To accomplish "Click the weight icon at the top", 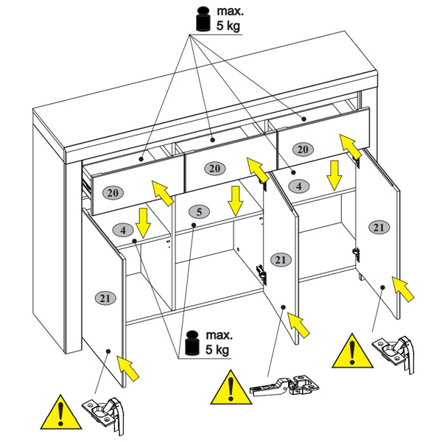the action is coord(203,19).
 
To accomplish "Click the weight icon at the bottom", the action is coord(192,343).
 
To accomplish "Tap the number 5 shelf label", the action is coord(200,212).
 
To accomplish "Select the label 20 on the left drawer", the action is coord(113,193).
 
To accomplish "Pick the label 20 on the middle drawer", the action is coord(214,169).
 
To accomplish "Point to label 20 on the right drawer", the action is coord(303,150).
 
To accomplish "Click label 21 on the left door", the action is coord(105,298).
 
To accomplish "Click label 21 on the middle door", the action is coord(281,260).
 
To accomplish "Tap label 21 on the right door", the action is coord(379,228).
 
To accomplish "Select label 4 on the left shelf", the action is coord(123,231).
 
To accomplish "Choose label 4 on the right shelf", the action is coord(299,186).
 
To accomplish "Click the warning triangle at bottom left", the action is coord(61,412).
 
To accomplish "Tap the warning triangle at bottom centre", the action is coord(231,387).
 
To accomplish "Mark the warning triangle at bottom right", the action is coord(352,351).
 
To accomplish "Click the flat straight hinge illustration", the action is coord(284,386).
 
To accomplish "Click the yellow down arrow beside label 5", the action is coord(236,200).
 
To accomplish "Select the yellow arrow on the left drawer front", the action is coord(162,193).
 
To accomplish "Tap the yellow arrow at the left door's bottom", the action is coord(127,368).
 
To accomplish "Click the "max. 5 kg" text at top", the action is coord(229,18).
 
